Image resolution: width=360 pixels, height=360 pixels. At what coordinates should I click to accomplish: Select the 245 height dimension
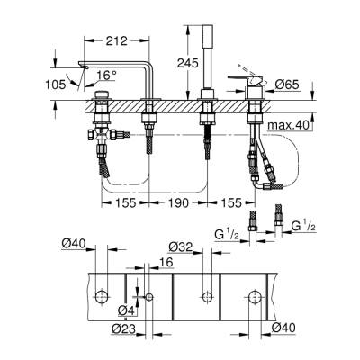186,62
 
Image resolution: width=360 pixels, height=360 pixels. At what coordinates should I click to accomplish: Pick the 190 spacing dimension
180,204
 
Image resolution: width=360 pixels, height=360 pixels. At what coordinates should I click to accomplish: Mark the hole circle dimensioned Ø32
206,297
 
